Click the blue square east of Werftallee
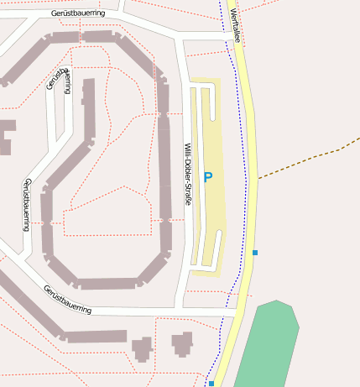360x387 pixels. [255, 252]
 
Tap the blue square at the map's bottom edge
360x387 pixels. [211, 384]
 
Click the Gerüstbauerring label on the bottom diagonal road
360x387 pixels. [67, 299]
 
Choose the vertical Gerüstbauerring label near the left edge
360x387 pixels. [27, 204]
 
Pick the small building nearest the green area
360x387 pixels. [182, 344]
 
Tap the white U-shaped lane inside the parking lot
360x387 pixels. [209, 105]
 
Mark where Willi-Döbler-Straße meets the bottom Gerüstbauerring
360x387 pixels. [181, 310]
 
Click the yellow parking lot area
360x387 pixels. [211, 210]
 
